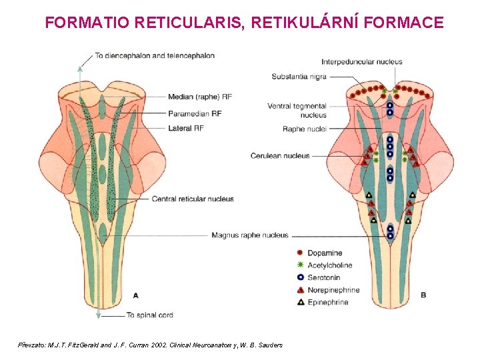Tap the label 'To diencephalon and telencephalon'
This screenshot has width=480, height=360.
pos(155,55)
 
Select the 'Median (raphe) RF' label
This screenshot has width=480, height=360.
pos(200,97)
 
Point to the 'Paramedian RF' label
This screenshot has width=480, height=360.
pos(195,113)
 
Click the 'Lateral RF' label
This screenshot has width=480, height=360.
pos(186,128)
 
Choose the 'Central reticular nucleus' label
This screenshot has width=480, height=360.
pos(193,199)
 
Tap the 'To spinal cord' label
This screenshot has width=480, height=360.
pos(149,315)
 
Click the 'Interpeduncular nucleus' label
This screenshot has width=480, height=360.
pos(363,62)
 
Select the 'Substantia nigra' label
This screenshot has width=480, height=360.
pos(299,77)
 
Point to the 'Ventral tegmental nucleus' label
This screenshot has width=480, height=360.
pos(297,110)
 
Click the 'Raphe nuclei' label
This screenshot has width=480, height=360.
pos(304,129)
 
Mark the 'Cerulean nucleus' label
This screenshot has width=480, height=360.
pos(280,156)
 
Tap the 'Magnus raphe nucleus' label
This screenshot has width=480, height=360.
pos(250,235)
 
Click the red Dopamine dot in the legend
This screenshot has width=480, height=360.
pos(300,253)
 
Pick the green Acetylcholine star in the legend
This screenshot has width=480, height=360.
pos(300,265)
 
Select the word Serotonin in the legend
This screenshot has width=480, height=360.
pos(324,277)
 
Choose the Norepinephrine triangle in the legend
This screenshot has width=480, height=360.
pos(300,290)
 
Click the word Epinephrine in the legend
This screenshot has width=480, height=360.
pos(328,302)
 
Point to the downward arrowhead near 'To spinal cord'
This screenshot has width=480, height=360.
pos(99,312)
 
